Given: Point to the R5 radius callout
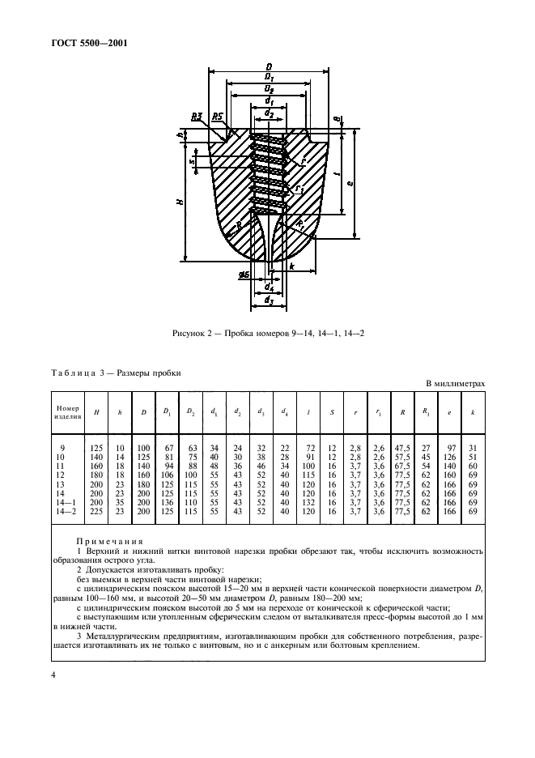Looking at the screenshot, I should click(216, 117).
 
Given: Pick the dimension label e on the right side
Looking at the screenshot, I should click(350, 183).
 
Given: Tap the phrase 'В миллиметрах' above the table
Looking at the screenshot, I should click(455, 383).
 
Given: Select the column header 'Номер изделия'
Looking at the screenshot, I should click(68, 413).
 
